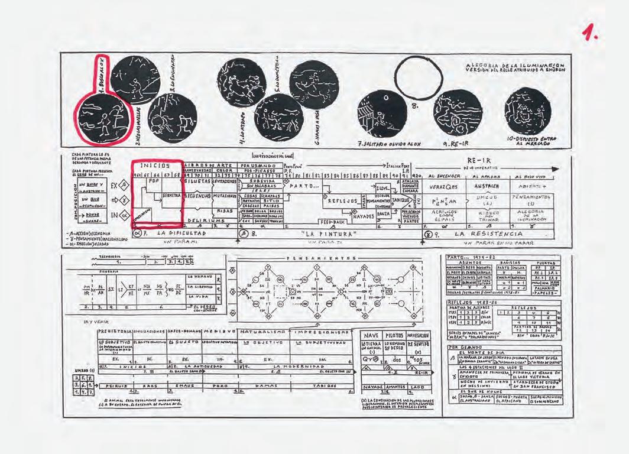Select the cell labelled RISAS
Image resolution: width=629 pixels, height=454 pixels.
225,210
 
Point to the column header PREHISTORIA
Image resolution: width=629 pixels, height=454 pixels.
115,332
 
